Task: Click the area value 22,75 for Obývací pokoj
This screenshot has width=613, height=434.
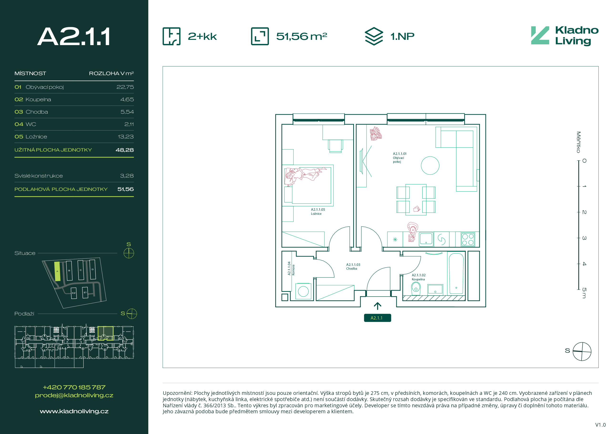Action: click(x=125, y=87)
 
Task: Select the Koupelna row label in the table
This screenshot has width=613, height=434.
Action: click(x=38, y=99)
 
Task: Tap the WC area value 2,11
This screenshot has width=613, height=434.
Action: click(x=129, y=124)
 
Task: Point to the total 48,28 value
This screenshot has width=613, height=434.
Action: click(x=125, y=150)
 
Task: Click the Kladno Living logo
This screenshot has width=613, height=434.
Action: click(x=564, y=36)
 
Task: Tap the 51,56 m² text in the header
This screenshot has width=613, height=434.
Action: click(x=301, y=36)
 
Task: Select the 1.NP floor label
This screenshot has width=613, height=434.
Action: click(x=402, y=36)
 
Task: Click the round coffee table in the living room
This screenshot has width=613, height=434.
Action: click(x=430, y=166)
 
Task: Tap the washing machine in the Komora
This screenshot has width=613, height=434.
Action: click(x=303, y=291)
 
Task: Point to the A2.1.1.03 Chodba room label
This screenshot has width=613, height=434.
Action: click(x=353, y=267)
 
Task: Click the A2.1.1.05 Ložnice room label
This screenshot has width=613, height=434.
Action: click(x=318, y=212)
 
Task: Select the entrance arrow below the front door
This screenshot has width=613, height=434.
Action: click(x=377, y=306)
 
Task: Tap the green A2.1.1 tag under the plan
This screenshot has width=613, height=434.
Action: click(x=377, y=318)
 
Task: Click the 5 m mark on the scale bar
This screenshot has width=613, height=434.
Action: click(x=584, y=293)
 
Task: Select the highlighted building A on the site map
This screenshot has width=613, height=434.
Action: click(x=57, y=271)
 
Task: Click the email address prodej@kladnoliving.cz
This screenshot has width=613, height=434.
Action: click(x=74, y=396)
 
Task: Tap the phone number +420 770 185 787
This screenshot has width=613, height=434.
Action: click(x=74, y=387)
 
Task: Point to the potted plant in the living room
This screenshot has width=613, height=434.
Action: click(x=375, y=134)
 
